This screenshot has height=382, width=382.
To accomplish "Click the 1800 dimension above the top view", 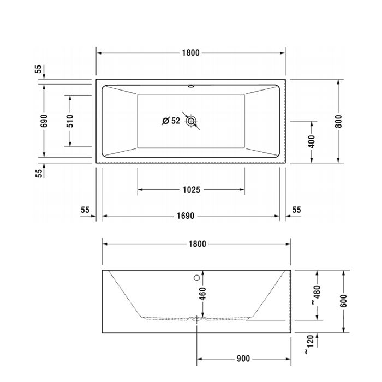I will click(191, 53).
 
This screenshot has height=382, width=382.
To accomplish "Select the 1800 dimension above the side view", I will click(197, 244).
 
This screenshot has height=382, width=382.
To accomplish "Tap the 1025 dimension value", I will click(191, 190).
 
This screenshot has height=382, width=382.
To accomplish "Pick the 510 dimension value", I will click(70, 120).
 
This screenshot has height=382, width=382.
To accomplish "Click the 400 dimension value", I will click(312, 141).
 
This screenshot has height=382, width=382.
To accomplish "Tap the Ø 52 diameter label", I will click(171, 121).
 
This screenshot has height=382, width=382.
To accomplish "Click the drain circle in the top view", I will click(191, 121).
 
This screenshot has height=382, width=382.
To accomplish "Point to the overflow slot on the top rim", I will click(191, 86).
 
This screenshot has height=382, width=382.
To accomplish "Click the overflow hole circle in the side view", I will click(197, 277).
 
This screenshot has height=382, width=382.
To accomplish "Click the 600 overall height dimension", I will click(343, 301).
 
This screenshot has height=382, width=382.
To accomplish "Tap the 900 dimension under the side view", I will click(243, 359).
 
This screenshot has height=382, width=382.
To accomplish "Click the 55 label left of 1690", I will click(85, 210).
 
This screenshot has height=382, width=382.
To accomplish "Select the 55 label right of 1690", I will click(296, 210).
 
